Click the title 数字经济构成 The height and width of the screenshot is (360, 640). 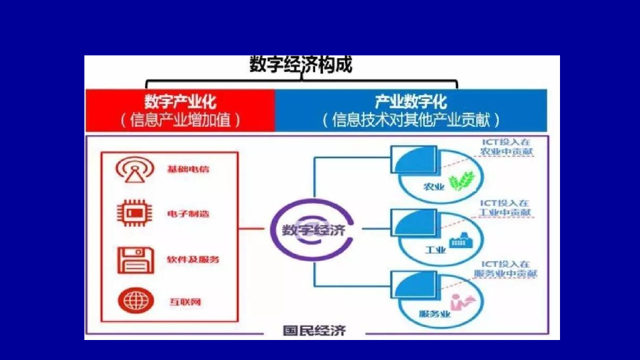pyautogui.click(x=301, y=65)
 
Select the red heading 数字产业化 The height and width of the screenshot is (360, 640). pyautogui.click(x=180, y=101)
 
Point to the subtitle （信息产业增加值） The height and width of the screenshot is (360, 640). pyautogui.click(x=180, y=119)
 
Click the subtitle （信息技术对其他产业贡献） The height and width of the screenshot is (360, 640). pyautogui.click(x=411, y=119)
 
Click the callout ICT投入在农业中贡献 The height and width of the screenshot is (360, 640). pyautogui.click(x=507, y=147)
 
